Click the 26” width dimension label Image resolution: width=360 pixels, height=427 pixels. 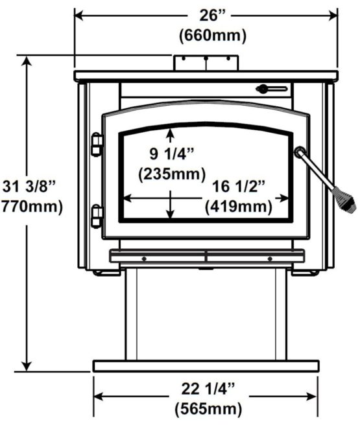(x=213, y=16)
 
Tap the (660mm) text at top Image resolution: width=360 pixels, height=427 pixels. (x=213, y=36)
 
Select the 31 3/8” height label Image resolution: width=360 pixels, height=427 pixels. (x=29, y=187)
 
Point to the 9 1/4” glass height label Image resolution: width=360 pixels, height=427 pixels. (x=171, y=154)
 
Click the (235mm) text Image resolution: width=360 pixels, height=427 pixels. (x=172, y=174)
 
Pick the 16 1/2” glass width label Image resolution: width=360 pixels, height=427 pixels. (x=239, y=187)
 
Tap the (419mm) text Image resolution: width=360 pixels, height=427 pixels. (x=239, y=207)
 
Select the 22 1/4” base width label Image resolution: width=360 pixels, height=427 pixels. (x=208, y=389)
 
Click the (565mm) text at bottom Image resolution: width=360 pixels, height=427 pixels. (x=208, y=409)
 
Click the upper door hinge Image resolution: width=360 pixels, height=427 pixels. (x=97, y=144)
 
